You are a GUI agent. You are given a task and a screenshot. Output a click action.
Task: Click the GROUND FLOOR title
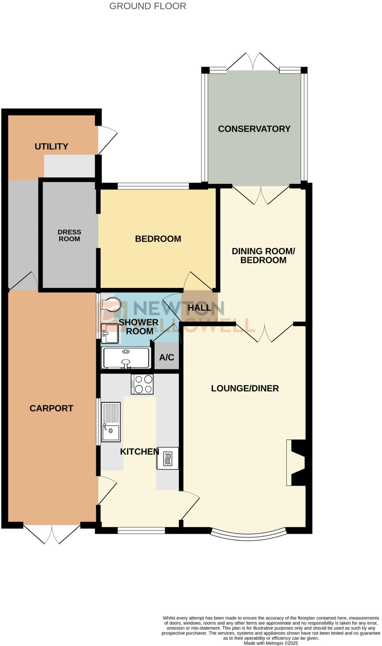pyautogui.click(x=147, y=6)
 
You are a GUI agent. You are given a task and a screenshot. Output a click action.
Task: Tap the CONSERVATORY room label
pyautogui.click(x=254, y=129)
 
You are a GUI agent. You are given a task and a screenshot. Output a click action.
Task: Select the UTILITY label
pyautogui.click(x=51, y=146)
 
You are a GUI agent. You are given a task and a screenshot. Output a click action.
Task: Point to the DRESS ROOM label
pyautogui.click(x=69, y=236)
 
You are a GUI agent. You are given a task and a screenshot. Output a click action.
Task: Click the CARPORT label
pyautogui.click(x=51, y=408)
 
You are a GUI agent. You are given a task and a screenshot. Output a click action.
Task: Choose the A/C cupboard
pyautogui.click(x=167, y=357)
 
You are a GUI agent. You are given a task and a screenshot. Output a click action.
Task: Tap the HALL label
pyautogui.click(x=199, y=308)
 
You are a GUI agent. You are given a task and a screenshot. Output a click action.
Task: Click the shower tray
pyautogui.click(x=126, y=358)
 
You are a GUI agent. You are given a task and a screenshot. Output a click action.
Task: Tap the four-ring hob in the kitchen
pyautogui.click(x=142, y=384)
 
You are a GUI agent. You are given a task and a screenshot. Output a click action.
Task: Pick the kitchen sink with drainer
pyautogui.click(x=110, y=422)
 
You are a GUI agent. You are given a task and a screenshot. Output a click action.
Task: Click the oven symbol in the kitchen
pyautogui.click(x=167, y=458)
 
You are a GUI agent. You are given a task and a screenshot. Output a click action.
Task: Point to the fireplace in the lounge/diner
pyautogui.click(x=296, y=462)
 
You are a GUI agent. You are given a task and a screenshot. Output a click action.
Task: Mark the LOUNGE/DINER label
pyautogui.click(x=245, y=388)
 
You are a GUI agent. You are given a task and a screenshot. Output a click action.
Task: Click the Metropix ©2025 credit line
pyautogui.click(x=271, y=643)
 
